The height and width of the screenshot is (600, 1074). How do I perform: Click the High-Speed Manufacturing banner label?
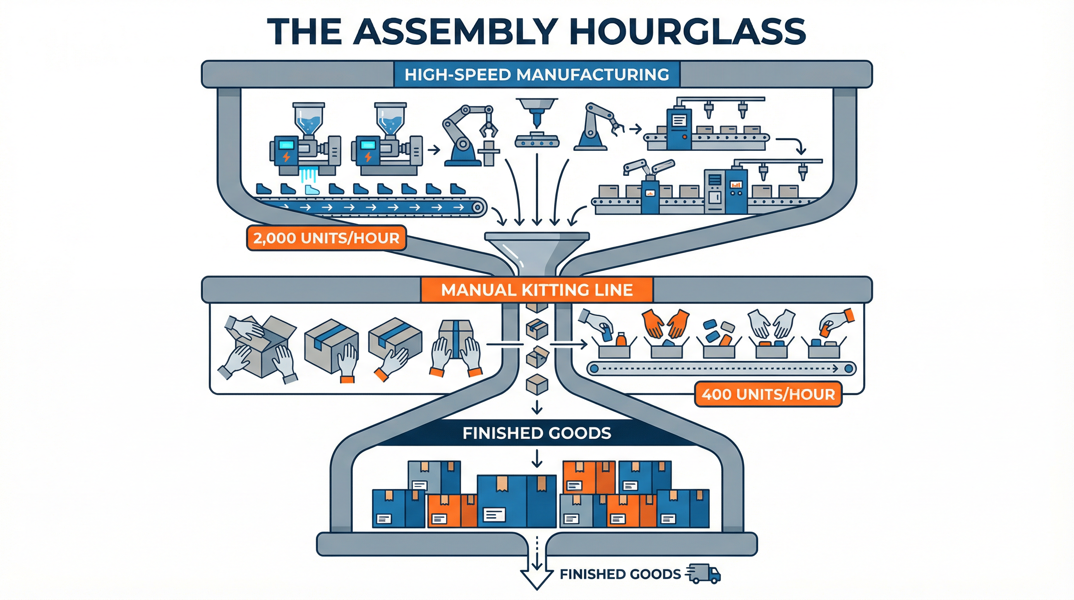(537, 75)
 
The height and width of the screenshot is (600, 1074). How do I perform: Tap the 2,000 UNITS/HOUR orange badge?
(326, 238)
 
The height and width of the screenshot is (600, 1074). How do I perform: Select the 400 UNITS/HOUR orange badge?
(768, 394)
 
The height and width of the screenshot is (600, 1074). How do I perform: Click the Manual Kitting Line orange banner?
(537, 289)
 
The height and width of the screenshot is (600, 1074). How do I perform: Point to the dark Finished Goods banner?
(537, 433)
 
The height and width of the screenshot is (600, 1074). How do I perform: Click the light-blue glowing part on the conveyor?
(311, 190)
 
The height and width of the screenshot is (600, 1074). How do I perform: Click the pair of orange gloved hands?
(665, 323)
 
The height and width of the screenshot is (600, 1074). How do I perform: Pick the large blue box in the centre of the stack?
(516, 501)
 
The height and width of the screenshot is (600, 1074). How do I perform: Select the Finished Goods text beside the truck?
(620, 575)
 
